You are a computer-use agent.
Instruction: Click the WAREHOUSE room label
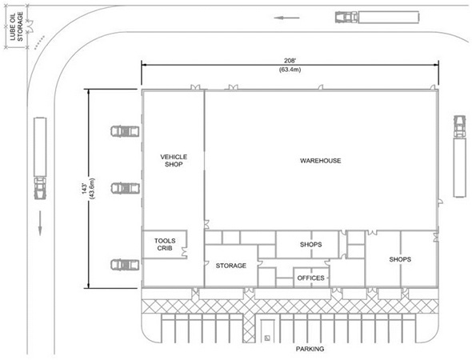(x=320, y=161)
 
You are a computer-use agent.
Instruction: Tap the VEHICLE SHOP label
(x=174, y=161)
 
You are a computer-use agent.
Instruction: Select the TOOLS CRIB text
(x=165, y=245)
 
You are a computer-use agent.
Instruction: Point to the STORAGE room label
(x=231, y=266)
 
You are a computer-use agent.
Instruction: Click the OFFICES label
(x=311, y=278)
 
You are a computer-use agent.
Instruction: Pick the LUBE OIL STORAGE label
(x=17, y=26)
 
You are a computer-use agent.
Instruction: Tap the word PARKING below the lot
(x=310, y=349)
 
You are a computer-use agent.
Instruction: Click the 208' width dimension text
(x=290, y=61)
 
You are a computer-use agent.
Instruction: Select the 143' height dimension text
(x=85, y=189)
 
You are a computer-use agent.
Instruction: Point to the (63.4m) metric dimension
(x=290, y=70)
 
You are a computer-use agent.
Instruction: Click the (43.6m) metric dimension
(x=92, y=189)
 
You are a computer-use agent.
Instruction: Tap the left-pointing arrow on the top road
(x=286, y=18)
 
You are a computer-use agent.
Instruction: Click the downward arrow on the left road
(x=40, y=223)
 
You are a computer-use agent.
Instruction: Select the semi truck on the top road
(x=377, y=17)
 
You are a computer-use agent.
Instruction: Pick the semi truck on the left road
(x=40, y=158)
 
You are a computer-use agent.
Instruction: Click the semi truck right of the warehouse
(x=460, y=156)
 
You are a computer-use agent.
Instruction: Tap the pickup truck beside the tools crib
(x=125, y=265)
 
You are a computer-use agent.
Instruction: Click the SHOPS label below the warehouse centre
(x=310, y=245)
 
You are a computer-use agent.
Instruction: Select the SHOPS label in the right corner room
(x=400, y=259)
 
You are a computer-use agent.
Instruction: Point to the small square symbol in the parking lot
(x=267, y=338)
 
